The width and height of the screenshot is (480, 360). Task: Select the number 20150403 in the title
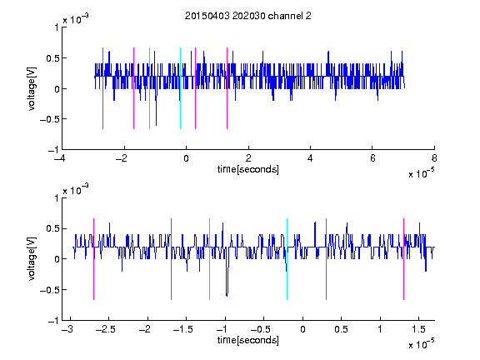207,16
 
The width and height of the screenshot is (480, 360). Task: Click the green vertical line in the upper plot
149,88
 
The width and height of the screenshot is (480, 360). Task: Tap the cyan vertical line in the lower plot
287,259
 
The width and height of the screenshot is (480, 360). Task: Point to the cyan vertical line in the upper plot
180,88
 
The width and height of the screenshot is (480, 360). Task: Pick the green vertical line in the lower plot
209,259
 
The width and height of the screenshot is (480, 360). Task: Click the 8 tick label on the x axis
434,158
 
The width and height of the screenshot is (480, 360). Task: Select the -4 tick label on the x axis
59,158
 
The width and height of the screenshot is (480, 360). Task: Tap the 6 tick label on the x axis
372,158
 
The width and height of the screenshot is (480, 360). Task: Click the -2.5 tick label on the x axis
105,329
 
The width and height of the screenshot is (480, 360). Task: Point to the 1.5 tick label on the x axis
418,329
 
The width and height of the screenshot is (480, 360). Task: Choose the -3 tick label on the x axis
67,329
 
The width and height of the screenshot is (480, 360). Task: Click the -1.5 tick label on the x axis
182,329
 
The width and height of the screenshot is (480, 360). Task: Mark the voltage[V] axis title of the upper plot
32,89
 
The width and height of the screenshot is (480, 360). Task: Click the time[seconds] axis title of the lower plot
248,340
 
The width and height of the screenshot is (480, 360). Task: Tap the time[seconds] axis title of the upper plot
248,169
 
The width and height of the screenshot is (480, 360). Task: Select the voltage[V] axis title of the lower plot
32,259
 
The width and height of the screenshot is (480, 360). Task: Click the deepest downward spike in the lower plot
227,295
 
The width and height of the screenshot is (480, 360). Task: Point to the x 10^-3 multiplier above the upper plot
76,19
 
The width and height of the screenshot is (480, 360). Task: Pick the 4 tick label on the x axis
310,158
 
